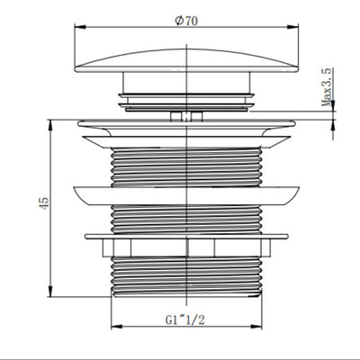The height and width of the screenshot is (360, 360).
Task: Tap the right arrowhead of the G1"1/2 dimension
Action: (262, 329)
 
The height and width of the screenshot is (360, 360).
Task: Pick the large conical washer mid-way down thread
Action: (187, 192)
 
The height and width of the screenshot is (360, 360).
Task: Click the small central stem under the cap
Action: (187, 115)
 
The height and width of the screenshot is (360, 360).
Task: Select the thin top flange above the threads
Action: (187, 124)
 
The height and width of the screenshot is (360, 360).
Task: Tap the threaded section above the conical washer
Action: (187, 162)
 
